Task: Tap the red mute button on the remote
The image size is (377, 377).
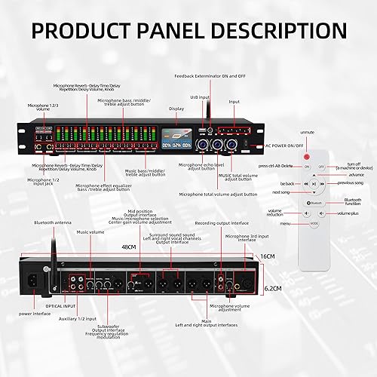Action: pyautogui.click(x=308, y=167)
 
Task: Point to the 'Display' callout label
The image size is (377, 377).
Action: pyautogui.click(x=176, y=108)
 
